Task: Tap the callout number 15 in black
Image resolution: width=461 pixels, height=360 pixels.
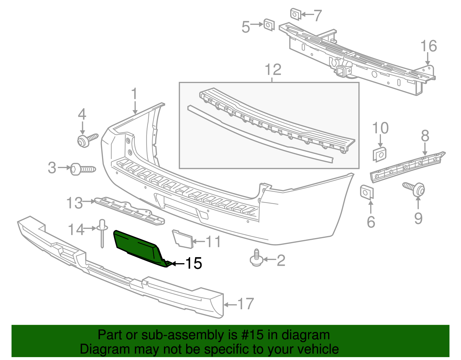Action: click(193, 263)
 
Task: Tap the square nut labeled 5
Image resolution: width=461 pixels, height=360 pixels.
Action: click(269, 25)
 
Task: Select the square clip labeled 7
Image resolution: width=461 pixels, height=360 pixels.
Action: click(295, 14)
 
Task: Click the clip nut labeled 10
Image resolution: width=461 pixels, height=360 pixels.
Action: click(380, 154)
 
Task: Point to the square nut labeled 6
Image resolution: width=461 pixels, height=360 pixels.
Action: click(366, 192)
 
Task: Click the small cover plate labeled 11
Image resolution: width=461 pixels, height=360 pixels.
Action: click(182, 238)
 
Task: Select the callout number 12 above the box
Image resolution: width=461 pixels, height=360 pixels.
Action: click(273, 70)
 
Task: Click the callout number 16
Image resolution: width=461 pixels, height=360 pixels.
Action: click(428, 46)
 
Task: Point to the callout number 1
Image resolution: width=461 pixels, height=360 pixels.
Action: click(134, 94)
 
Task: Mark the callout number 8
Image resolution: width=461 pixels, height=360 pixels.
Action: click(425, 136)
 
